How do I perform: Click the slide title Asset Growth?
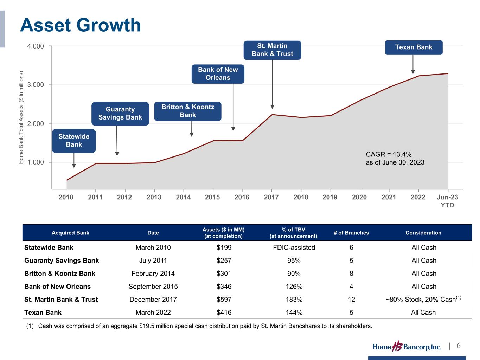[81, 25]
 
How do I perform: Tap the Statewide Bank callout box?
[74, 141]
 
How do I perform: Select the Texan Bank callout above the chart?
[414, 47]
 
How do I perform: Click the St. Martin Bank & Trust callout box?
[272, 50]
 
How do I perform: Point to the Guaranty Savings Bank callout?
[120, 113]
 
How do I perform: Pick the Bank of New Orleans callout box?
[218, 74]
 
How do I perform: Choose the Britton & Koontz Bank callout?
[187, 111]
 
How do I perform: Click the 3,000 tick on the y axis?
[36, 85]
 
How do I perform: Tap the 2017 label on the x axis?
[271, 197]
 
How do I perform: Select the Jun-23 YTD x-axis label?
[447, 201]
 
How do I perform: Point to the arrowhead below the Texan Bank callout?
[413, 72]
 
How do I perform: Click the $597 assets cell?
[224, 300]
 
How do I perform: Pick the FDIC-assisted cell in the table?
[294, 247]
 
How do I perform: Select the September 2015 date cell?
[153, 287]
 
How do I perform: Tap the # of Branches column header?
[351, 233]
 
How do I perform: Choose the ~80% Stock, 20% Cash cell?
[423, 300]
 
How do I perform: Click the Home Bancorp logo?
[407, 347]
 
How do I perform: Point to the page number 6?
[459, 346]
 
